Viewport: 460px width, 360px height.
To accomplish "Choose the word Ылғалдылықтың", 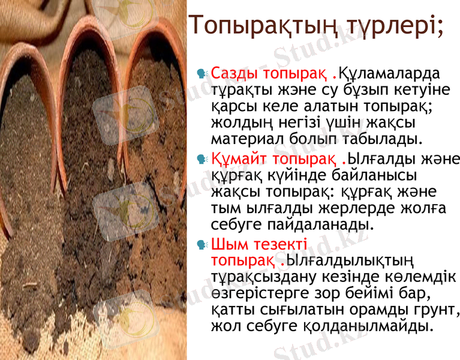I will point(349,262).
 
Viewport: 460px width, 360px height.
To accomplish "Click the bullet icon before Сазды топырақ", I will point(202,74).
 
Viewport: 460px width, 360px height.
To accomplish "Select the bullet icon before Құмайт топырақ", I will point(202,160).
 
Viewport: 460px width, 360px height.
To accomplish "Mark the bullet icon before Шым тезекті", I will point(202,245).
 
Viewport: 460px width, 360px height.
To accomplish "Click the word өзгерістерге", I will point(258,295).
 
